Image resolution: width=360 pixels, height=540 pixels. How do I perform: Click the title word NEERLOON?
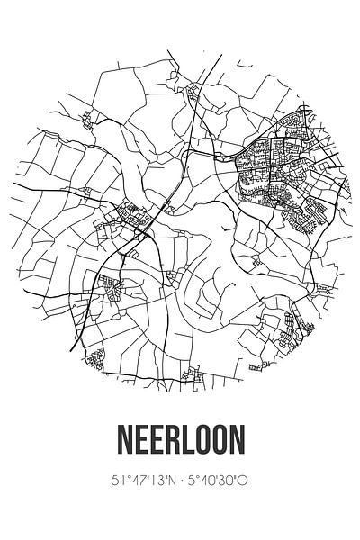[x=180, y=443]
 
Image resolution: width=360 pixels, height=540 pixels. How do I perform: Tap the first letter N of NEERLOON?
[x=123, y=443]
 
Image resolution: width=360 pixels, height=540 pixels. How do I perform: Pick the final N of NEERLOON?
[x=237, y=443]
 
